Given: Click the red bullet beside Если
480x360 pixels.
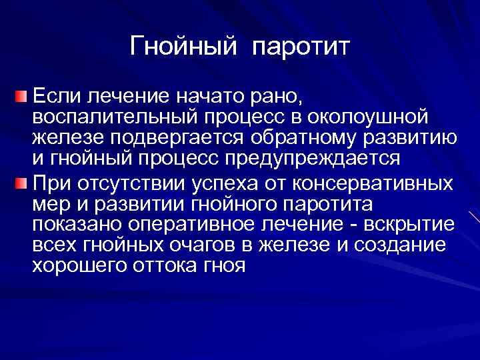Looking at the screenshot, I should [23, 97].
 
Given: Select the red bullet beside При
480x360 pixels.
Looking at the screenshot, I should [23, 183].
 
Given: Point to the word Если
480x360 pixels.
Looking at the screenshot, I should [55, 97].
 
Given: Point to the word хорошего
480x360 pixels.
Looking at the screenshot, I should [77, 267].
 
